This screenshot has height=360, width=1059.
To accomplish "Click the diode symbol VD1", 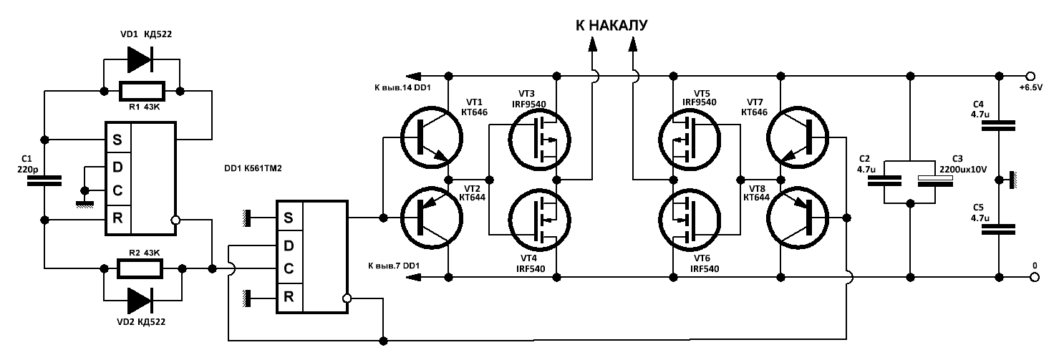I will pos(140,60).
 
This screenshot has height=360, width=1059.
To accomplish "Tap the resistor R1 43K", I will pos(141,91).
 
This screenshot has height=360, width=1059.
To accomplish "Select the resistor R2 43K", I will pos(141,269).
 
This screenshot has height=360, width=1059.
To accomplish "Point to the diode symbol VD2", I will pos(140,301).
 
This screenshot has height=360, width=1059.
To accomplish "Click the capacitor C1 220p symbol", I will pos(44,181).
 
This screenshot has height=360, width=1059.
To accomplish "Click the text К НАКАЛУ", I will pos(612,26).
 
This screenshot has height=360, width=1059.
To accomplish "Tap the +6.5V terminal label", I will pos(1030,88).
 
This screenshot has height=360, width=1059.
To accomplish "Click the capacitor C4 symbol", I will pos(999,126).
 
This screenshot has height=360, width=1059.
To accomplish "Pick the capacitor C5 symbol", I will pos(999,229).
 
